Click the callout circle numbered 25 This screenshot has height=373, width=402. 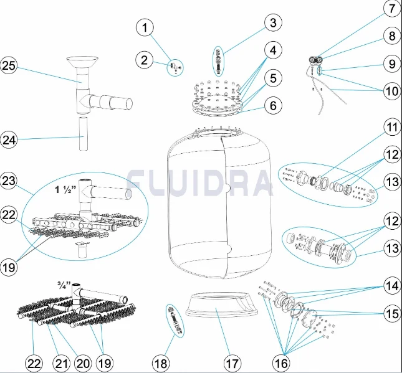pyautogui.click(x=9, y=65)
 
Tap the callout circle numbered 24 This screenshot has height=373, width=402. pyautogui.click(x=9, y=140)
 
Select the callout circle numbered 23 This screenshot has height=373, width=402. pyautogui.click(x=9, y=181)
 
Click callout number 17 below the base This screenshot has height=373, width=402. pyautogui.click(x=232, y=363)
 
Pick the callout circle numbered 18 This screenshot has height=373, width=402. pyautogui.click(x=161, y=363)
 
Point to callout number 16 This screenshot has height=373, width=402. pyautogui.click(x=281, y=363)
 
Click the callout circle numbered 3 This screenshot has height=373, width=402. pyautogui.click(x=274, y=22)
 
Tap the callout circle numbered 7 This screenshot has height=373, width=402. pyautogui.click(x=392, y=9)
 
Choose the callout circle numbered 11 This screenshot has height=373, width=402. pyautogui.click(x=392, y=127)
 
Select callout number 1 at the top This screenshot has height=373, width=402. pyautogui.click(x=145, y=27)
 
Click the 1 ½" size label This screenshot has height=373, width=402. pyautogui.click(x=62, y=190)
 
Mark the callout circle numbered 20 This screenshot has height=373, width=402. pyautogui.click(x=83, y=363)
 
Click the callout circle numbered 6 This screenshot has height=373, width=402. pyautogui.click(x=274, y=105)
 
